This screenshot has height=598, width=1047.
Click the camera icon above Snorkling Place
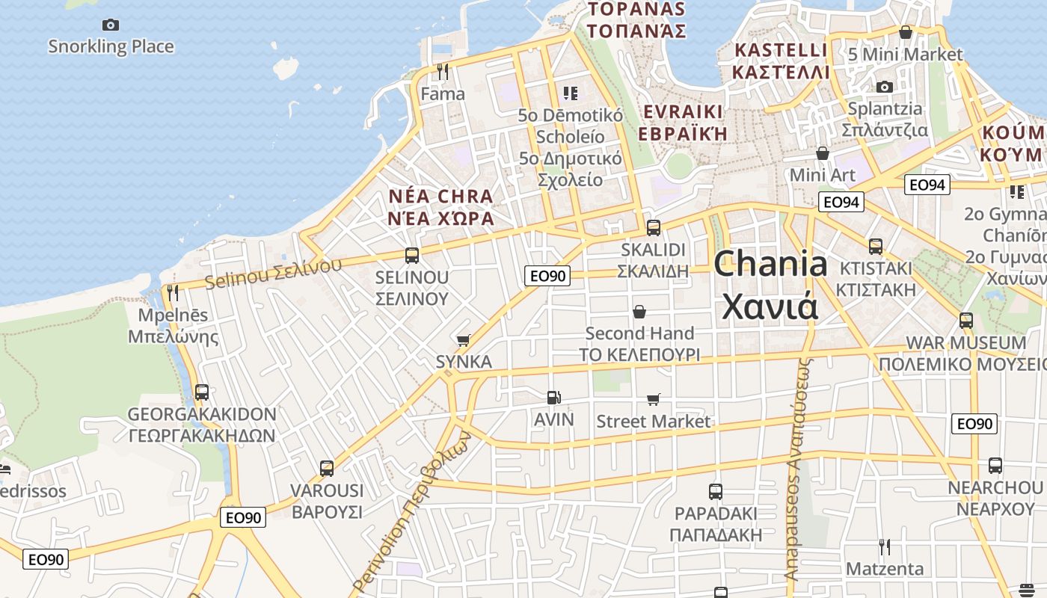111,25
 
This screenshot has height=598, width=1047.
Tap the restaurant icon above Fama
443,72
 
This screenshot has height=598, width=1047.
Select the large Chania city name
770,285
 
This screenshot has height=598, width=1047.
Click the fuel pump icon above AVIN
553,398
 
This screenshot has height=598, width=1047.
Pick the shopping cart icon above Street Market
654,399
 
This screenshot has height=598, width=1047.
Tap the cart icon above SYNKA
464,340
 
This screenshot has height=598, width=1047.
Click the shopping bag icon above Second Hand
639,311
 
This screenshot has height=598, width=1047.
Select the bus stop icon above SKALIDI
654,227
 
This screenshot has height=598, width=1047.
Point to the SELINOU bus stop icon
412,256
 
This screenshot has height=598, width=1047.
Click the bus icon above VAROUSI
327,469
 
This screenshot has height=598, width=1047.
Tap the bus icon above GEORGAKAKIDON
201,392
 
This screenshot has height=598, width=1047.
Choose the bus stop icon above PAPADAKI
716,492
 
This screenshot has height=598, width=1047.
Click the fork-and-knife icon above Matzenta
885,547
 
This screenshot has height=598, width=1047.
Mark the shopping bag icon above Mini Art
823,153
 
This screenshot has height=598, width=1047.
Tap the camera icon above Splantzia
885,87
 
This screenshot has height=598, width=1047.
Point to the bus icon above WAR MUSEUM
966,321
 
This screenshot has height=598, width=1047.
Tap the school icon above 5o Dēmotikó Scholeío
571,93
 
